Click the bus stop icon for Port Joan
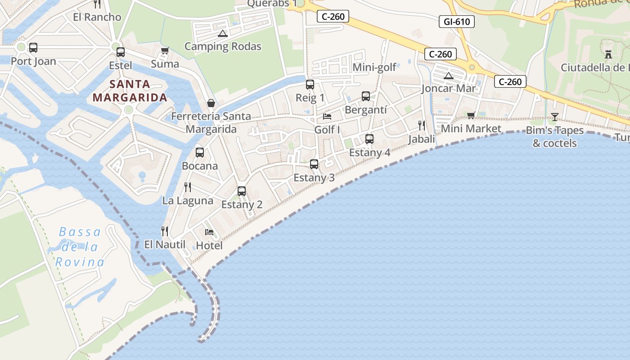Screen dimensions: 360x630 [33, 48]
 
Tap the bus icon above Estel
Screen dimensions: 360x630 [120, 52]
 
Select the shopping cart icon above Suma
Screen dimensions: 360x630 [165, 50]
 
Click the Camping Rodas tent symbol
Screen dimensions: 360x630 [222, 33]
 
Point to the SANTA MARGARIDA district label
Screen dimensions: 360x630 [130, 90]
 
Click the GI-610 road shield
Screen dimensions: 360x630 [457, 21]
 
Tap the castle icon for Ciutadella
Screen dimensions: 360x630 [608, 54]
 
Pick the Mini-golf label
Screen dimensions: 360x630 [374, 67]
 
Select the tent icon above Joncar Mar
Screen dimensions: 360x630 [448, 76]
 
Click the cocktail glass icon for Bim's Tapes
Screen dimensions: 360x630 [555, 117]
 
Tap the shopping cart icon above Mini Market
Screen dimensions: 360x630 [471, 115]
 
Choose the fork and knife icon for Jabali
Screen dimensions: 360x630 [422, 125]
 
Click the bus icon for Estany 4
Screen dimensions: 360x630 [369, 139]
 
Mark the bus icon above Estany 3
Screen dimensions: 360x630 [314, 164]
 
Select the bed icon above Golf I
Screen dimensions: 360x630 [327, 117]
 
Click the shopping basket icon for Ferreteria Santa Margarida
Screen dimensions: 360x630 [211, 103]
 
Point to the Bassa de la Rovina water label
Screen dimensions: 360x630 [80, 247]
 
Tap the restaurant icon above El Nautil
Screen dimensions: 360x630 [165, 231]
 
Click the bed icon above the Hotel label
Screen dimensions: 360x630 [209, 232]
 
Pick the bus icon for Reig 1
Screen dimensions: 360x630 [310, 85]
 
